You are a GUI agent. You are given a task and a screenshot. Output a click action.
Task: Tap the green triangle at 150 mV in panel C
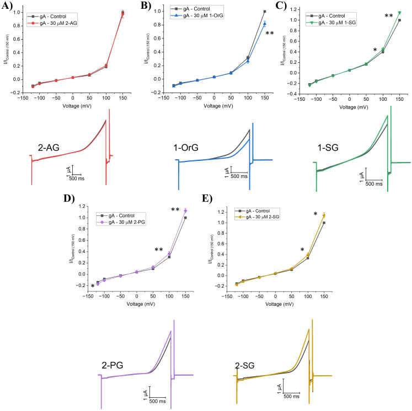tap(399, 13)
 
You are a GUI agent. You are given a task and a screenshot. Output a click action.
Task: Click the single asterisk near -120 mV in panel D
tap(92, 286)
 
